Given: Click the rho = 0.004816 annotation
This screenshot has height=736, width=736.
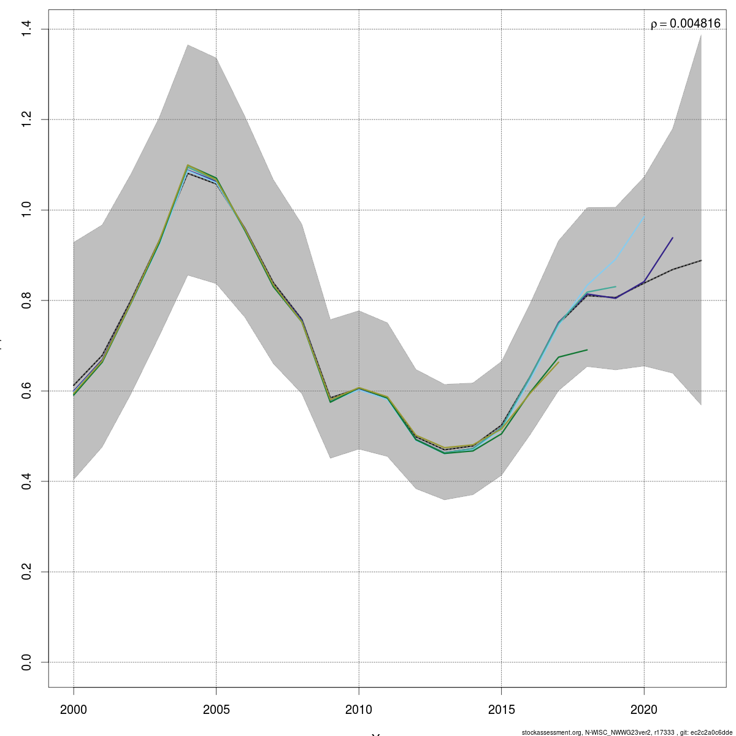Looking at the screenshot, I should (685, 24).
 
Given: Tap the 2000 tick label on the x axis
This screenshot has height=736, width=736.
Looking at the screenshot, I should (74, 710).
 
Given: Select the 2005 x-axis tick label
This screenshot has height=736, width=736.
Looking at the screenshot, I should (216, 710).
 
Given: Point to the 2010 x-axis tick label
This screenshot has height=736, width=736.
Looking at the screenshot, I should (359, 710).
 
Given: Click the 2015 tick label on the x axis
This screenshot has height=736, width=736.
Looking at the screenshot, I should (501, 710).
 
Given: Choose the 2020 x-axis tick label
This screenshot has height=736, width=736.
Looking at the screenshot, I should (644, 710).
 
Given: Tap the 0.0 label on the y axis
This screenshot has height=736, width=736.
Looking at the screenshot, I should (26, 662).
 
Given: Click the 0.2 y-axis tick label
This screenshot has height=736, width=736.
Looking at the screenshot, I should (26, 572).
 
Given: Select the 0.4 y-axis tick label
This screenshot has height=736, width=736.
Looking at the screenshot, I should (26, 481).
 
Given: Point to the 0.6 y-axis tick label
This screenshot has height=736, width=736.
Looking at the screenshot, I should (26, 391).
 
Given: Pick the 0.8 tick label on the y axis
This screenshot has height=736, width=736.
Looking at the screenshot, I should (26, 301).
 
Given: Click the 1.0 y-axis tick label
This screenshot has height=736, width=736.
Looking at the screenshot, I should (26, 210).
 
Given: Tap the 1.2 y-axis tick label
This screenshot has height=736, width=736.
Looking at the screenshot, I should (26, 120).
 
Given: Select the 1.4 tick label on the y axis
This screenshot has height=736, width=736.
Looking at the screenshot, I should (26, 29).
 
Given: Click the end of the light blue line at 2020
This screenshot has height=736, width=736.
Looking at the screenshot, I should (644, 217).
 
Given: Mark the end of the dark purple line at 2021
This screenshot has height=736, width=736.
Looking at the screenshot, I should (673, 237).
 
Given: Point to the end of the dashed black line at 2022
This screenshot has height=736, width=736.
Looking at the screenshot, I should (701, 260).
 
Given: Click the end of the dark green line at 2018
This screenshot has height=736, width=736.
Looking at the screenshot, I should (587, 350).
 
